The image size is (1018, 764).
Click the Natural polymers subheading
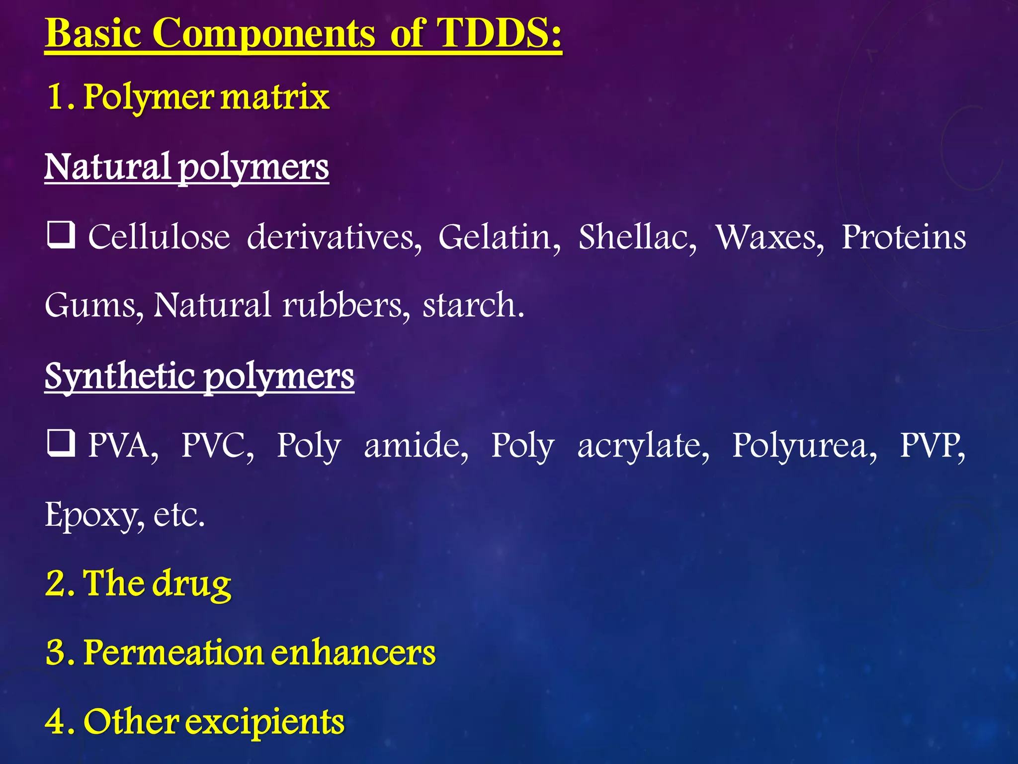(186, 167)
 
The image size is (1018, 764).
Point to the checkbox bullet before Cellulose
(61, 235)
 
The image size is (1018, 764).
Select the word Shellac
(637, 237)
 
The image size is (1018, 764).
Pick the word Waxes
(768, 237)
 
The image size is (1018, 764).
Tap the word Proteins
(903, 237)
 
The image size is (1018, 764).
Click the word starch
(473, 304)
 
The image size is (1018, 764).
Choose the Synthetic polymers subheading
(199, 377)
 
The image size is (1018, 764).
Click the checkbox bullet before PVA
(61, 443)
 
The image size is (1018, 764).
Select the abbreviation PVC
(217, 445)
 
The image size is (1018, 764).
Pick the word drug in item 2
(191, 584)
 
